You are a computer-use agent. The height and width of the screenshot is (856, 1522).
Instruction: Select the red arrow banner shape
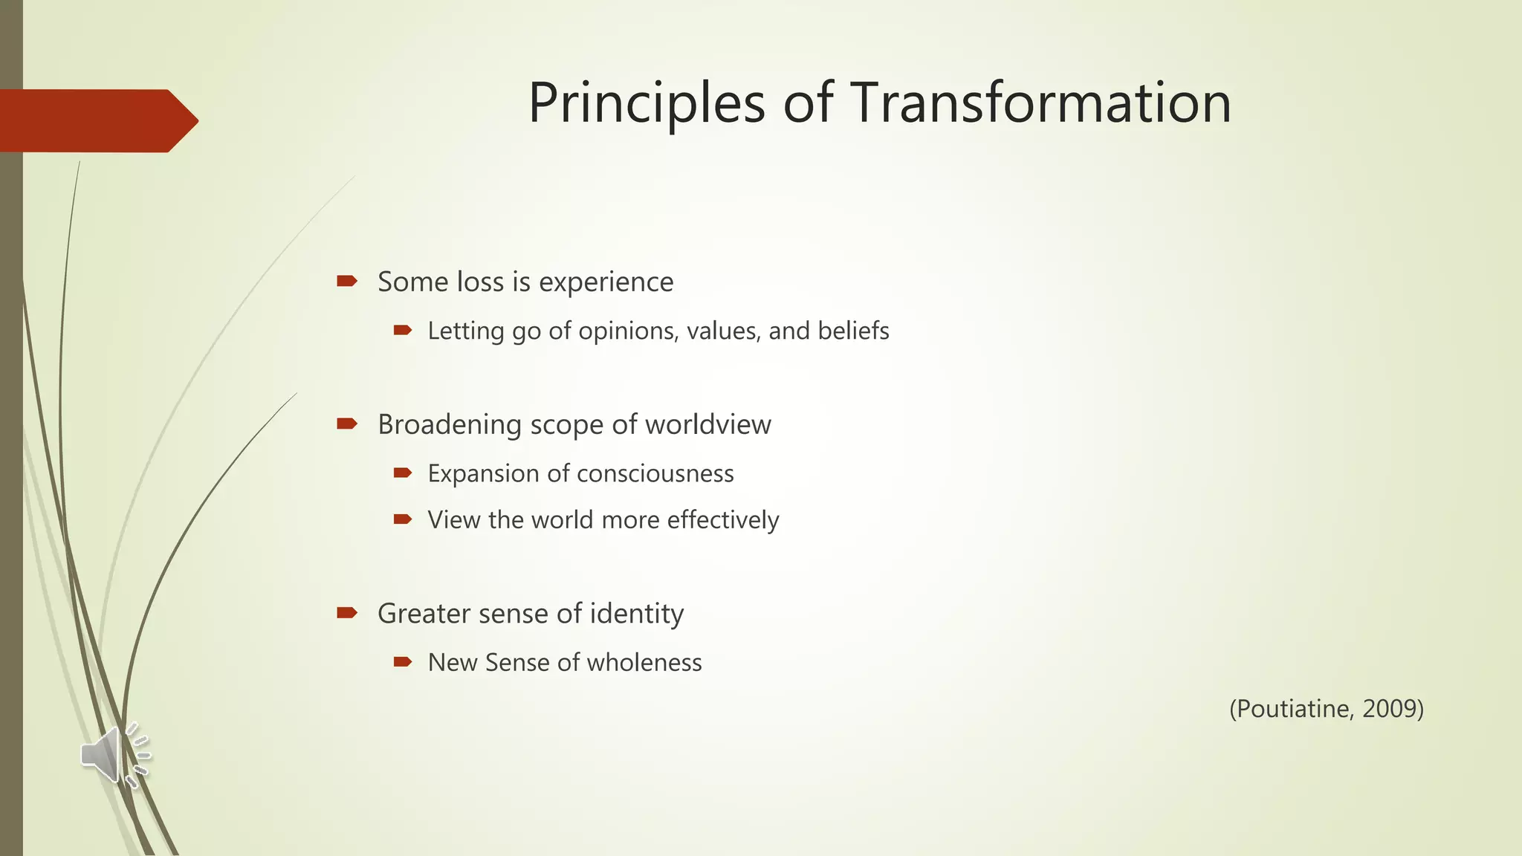pos(97,120)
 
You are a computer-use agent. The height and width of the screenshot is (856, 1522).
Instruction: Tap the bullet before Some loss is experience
pos(346,281)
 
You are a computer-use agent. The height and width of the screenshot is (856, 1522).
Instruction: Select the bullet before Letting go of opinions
pos(402,330)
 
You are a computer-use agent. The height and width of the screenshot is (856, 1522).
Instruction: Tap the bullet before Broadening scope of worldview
pos(346,424)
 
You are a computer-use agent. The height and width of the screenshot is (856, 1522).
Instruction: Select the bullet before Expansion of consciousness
pos(402,473)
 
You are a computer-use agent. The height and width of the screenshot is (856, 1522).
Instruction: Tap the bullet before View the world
pos(402,519)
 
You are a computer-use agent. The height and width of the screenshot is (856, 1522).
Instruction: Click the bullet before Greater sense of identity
pos(346,612)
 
